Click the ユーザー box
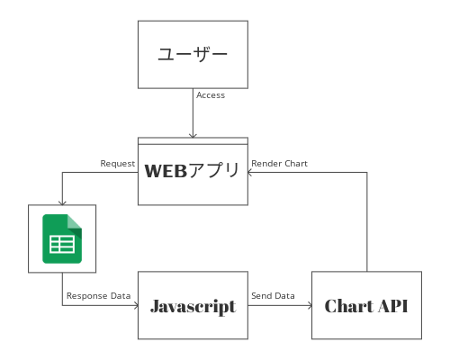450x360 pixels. [193, 54]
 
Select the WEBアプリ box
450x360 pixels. [193, 171]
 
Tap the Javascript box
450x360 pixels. [193, 305]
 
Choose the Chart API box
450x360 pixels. [366, 305]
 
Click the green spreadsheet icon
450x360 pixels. [62, 238]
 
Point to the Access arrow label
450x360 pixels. [211, 94]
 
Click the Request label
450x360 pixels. [118, 164]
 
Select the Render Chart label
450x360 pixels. [279, 164]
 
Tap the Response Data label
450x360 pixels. [98, 295]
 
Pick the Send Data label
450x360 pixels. [273, 295]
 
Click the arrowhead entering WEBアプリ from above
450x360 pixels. [193, 134]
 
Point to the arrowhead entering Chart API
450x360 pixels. [308, 305]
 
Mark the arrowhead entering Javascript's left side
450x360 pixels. [134, 305]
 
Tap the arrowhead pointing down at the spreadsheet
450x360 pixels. [62, 202]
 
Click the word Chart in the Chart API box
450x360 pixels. [346, 306]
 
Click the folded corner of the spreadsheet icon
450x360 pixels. [75, 221]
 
